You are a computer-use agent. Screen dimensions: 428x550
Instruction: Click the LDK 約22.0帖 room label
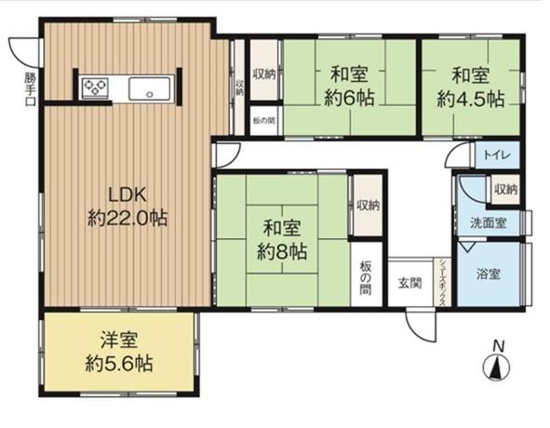127,207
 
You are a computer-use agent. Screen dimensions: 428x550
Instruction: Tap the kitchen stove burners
94,88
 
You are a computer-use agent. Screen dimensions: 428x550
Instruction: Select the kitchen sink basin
148,89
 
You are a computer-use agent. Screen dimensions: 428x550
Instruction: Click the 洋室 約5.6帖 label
121,352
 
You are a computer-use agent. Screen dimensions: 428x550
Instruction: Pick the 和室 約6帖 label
349,85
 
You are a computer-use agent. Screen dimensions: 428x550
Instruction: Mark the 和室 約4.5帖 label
472,85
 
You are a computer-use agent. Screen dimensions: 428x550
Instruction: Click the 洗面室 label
488,224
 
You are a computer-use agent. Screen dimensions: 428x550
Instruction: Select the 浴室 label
489,275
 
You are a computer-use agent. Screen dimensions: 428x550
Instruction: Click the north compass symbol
498,368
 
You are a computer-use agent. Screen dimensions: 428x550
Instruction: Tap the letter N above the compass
498,346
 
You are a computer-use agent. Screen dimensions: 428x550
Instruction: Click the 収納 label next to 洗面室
505,189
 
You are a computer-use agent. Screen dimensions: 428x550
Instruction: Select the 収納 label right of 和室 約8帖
368,206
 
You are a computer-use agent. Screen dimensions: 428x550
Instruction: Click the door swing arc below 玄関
420,326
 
